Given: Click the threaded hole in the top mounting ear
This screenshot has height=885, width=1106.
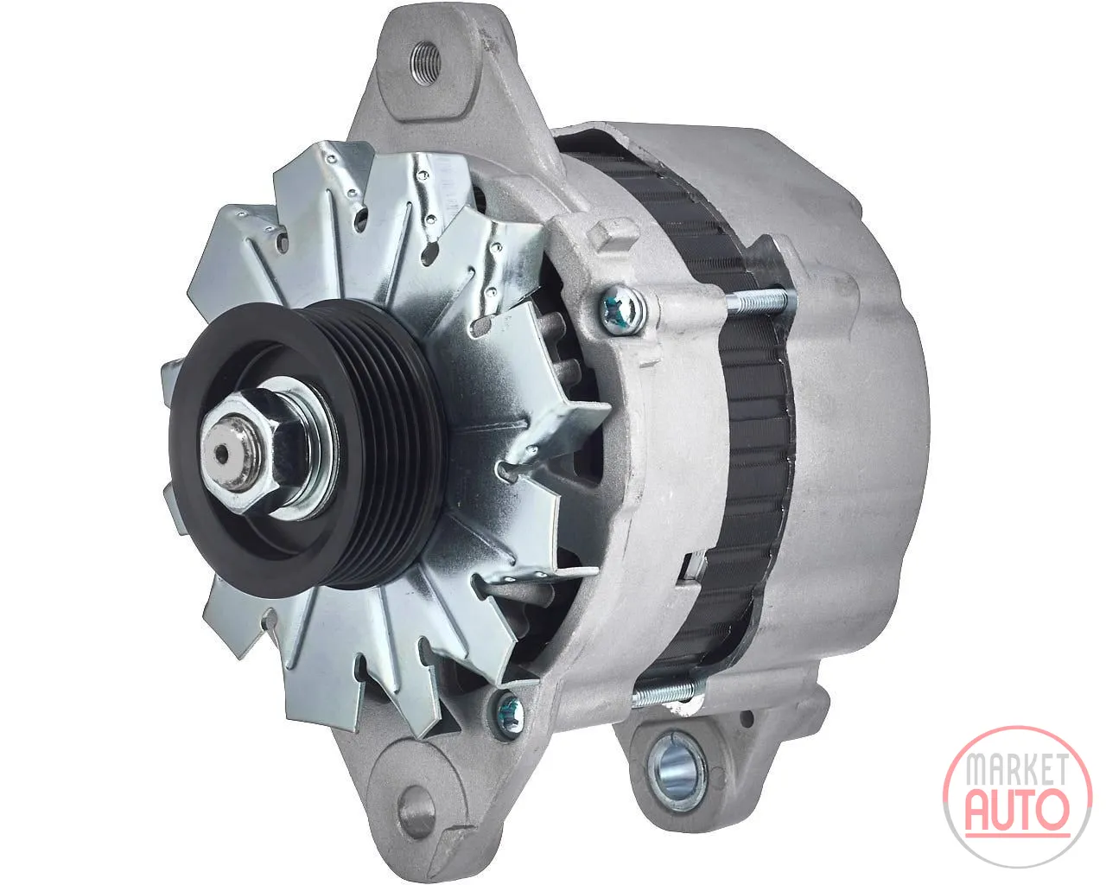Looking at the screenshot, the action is [426, 63].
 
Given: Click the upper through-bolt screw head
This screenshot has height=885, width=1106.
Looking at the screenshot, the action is [621, 309].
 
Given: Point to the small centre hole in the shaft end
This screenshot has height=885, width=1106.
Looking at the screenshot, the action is [221, 454].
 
